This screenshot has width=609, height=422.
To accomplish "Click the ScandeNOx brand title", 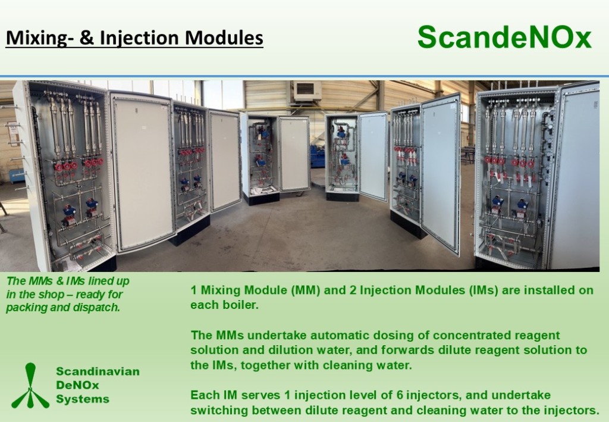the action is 504,37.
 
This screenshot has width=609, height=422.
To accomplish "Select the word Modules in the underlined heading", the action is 224,37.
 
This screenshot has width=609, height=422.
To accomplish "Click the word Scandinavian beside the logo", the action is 98,371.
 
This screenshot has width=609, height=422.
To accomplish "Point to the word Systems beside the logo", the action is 83,399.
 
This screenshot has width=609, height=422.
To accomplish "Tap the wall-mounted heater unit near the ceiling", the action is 307,91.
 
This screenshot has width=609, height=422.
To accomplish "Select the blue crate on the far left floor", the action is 17,177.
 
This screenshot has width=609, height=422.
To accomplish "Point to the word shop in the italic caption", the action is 61,294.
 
